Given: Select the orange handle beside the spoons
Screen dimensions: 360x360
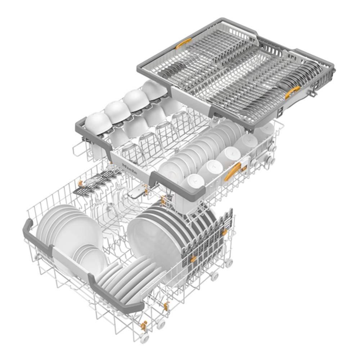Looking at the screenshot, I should coord(292,92).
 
